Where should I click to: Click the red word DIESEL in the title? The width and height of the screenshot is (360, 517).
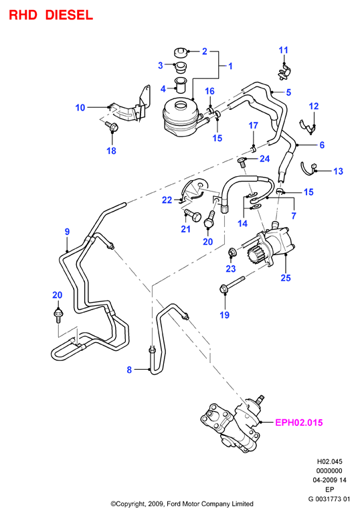pos(69,15)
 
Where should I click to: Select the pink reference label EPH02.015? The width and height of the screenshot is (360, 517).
pos(298,423)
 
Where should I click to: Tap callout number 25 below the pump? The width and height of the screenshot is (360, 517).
pos(286,278)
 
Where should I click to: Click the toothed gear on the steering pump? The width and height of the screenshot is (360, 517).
pos(255,256)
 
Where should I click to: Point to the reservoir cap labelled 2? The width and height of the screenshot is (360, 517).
pos(180,52)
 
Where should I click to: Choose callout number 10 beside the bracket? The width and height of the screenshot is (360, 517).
pos(80,108)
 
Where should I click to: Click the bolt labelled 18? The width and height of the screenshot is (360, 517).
pos(111,127)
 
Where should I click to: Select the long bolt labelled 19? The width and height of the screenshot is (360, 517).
pos(232,285)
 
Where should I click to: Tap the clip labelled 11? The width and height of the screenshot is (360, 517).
pos(284,72)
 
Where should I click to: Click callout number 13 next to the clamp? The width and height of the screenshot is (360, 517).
pos(338,171)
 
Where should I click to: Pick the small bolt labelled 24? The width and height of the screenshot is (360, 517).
pos(242,161)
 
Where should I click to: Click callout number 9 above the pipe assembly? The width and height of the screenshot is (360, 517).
pos(67,232)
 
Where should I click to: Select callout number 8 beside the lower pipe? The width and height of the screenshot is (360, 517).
pos(129,370)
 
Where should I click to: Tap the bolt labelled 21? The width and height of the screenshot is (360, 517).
pos(193,216)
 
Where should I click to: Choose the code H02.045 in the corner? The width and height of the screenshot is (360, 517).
pos(329,461)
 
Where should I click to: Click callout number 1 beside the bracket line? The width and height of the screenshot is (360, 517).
pos(231,66)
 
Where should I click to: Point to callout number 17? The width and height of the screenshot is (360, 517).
pos(253,125)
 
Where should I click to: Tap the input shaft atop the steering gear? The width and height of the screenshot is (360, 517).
pos(260,399)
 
